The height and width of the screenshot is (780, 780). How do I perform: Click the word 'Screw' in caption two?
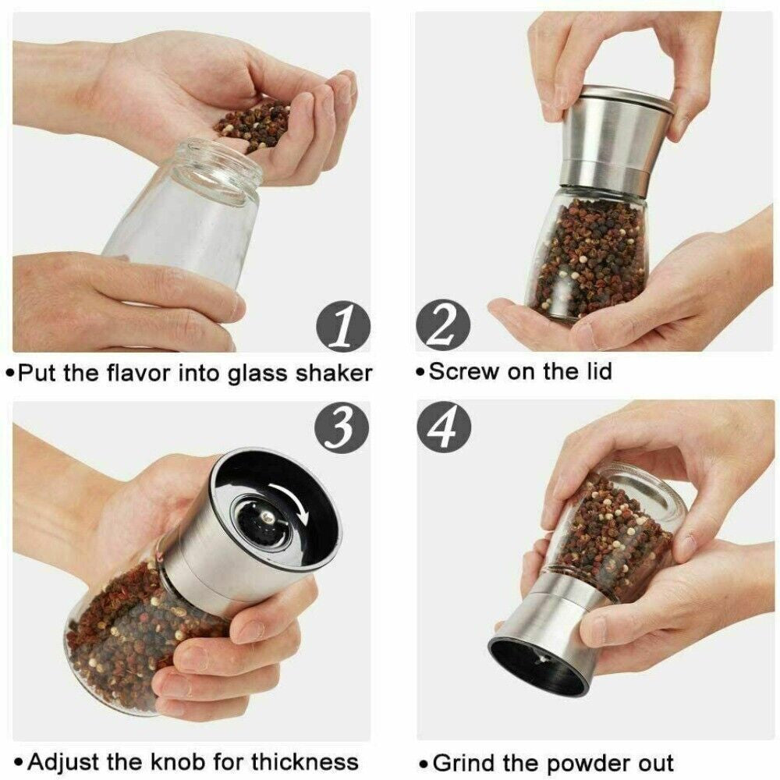click(x=465, y=370)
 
